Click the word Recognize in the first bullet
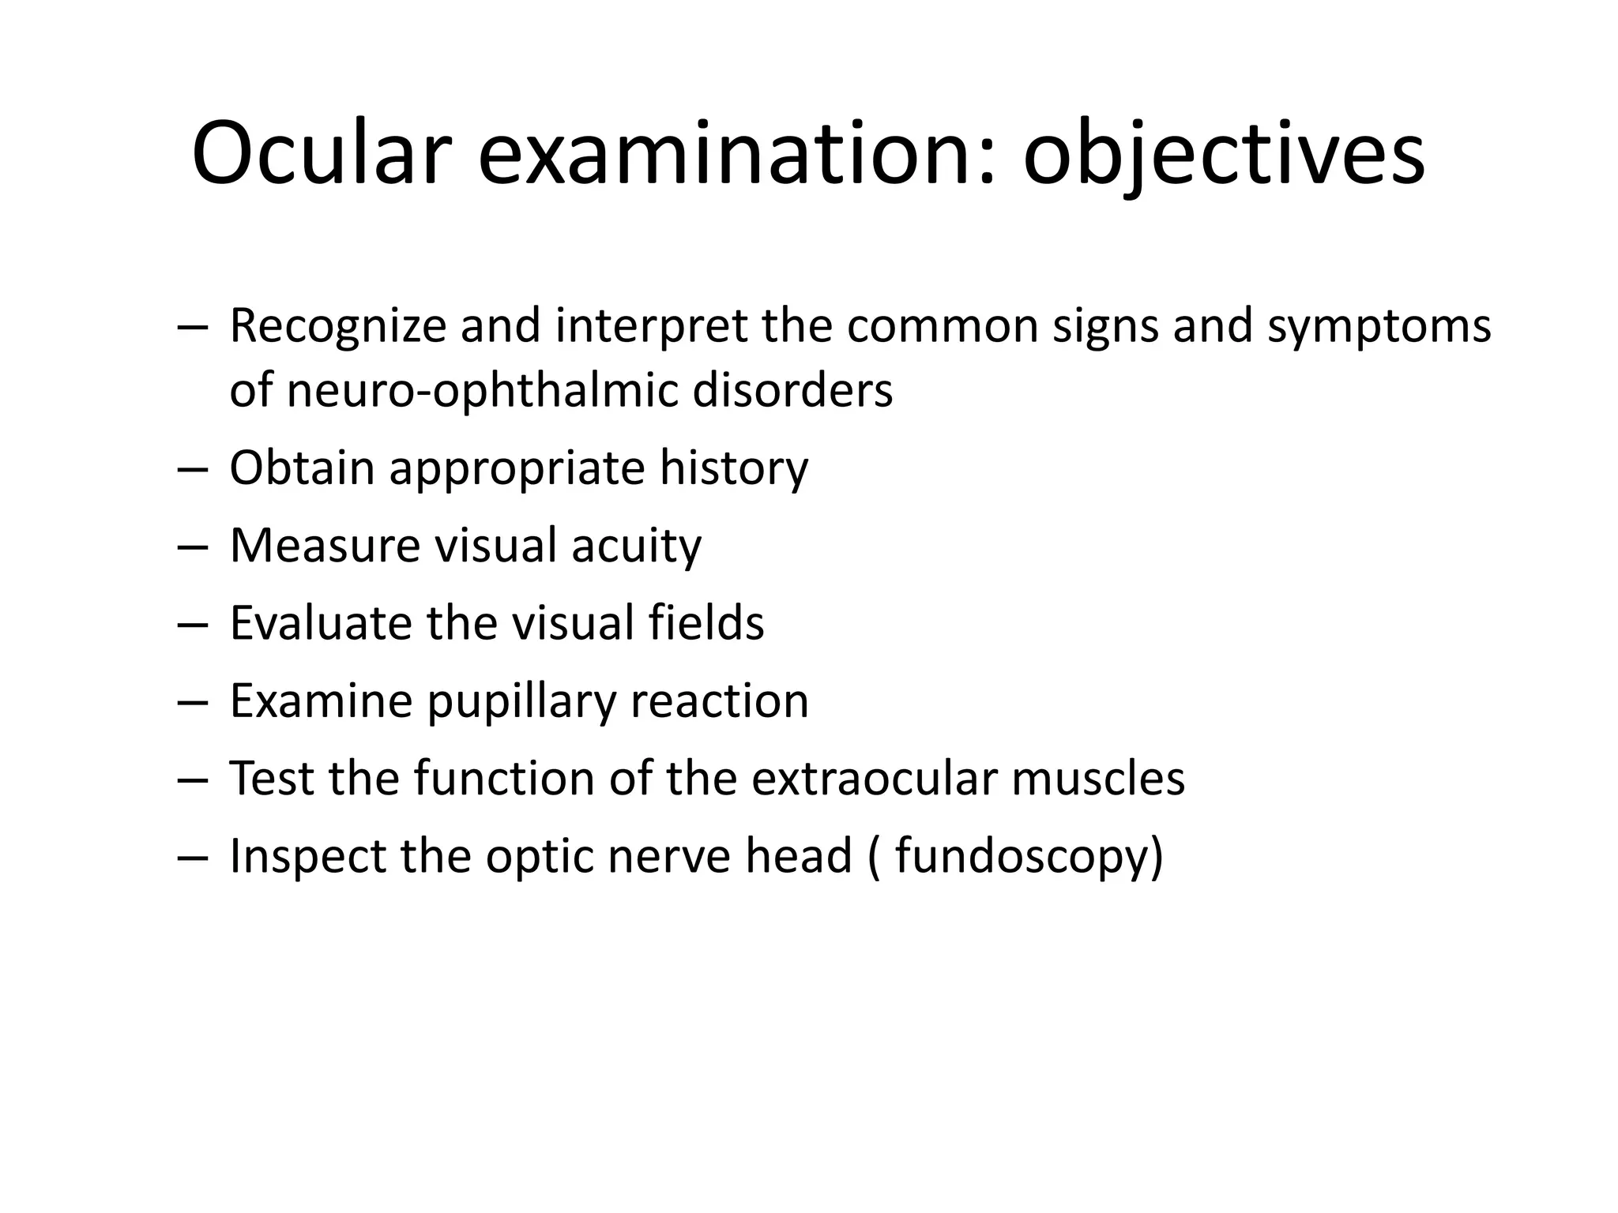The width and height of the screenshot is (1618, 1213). [x=338, y=325]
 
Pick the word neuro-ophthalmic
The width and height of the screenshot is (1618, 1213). [x=483, y=390]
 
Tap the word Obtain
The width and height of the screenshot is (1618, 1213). [x=302, y=468]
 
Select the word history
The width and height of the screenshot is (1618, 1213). [x=734, y=468]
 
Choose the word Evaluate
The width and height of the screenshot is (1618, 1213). [x=321, y=622]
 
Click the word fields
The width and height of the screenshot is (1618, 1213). [x=706, y=622]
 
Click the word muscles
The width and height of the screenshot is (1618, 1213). [x=1098, y=778]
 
